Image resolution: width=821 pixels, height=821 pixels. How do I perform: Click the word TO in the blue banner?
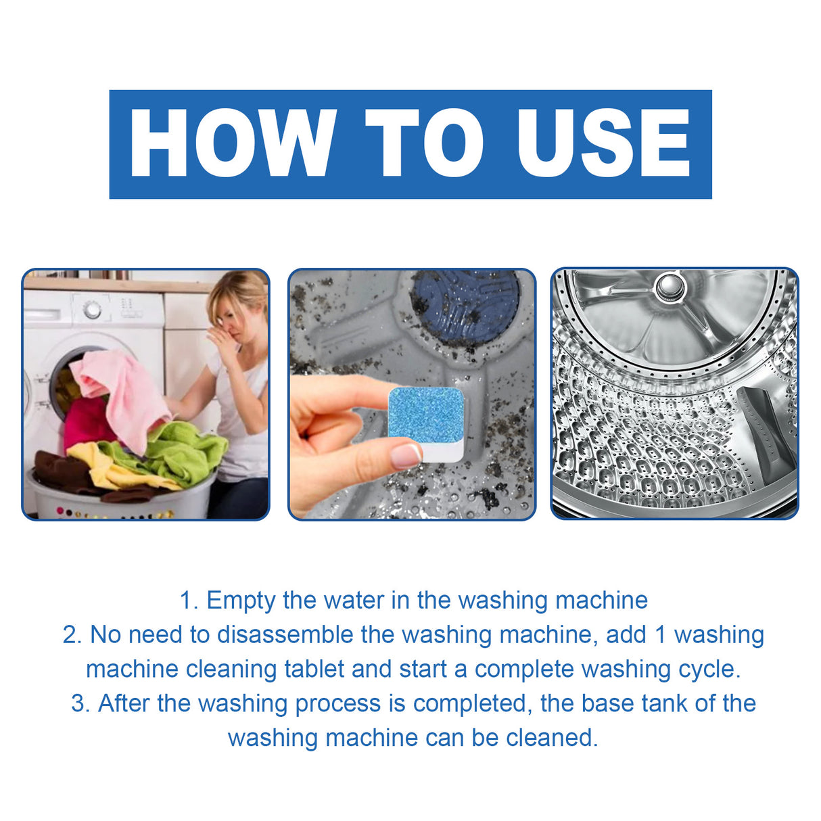click(x=425, y=143)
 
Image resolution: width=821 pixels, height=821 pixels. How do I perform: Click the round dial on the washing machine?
click(x=93, y=310)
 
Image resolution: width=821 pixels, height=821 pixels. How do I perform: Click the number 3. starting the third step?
click(x=80, y=704)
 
